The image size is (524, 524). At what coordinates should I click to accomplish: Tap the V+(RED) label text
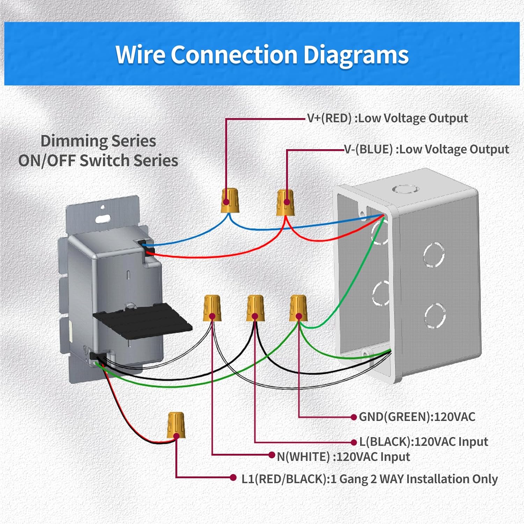[329, 118]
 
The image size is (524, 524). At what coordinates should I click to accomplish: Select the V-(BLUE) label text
[369, 149]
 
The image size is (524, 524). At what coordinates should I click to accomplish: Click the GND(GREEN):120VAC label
[417, 417]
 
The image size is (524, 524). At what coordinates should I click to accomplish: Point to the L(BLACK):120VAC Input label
[423, 442]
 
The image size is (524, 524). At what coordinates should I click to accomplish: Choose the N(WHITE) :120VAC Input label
[343, 457]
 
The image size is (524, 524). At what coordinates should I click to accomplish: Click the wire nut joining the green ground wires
[298, 308]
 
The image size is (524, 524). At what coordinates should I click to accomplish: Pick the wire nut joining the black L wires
[255, 308]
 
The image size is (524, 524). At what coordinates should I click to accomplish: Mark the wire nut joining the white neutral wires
[212, 308]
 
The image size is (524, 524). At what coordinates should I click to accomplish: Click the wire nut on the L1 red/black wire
[176, 425]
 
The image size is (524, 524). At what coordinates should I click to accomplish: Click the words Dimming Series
[98, 141]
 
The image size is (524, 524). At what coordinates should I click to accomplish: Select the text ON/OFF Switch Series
[98, 161]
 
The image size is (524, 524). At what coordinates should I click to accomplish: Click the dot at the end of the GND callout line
[354, 417]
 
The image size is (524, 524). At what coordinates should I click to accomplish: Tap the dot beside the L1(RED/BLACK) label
[233, 478]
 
